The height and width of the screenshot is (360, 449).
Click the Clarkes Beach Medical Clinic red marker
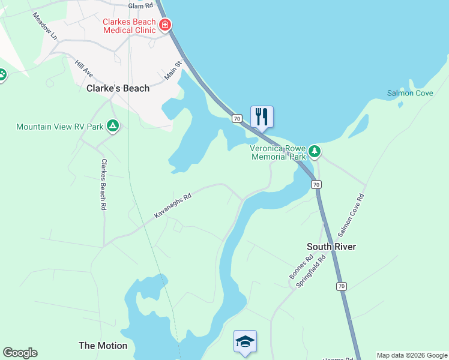[164, 25]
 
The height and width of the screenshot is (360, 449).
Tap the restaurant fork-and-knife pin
[261, 116]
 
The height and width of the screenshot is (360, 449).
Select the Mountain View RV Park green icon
[112, 126]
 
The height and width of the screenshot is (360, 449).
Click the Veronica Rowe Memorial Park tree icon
[314, 152]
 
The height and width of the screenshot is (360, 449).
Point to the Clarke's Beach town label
[118, 88]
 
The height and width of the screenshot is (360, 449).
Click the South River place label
[331, 247]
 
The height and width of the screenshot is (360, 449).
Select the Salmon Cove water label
[410, 93]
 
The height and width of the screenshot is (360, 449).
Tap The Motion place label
[103, 346]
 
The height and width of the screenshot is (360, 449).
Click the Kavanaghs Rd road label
[172, 205]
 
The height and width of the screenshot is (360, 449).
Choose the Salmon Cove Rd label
[352, 214]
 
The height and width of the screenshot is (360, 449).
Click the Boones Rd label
[301, 268]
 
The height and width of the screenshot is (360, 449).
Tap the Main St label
[173, 70]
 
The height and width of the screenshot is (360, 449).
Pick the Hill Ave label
[84, 68]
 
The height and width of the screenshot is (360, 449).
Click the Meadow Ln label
[44, 26]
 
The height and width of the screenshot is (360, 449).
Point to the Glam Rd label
[140, 5]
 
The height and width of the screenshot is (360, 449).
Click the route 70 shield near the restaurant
[237, 119]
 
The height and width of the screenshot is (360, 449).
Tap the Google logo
[20, 353]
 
